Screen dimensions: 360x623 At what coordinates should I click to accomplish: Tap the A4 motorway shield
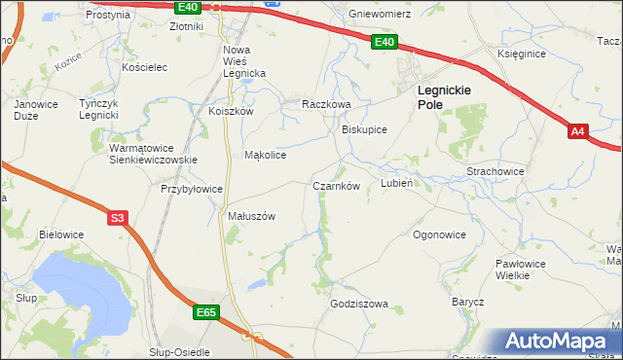[x=578, y=131]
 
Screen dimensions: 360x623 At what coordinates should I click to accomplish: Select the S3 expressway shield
[x=117, y=218]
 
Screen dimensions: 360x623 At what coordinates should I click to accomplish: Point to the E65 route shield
[x=205, y=312]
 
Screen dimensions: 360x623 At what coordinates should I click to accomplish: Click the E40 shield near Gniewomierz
[x=385, y=42]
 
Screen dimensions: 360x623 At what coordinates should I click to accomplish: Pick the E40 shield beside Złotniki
[x=189, y=7]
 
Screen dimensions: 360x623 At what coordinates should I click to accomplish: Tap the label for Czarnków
[x=337, y=186]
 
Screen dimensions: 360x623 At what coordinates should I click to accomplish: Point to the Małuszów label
[x=252, y=216]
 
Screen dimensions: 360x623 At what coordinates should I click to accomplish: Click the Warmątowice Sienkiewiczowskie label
[x=153, y=154]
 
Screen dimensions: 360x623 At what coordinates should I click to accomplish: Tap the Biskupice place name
[x=365, y=129]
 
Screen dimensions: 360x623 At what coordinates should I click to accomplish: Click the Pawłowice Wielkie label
[x=526, y=270]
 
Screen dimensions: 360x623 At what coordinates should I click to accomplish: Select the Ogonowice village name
[x=440, y=234]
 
